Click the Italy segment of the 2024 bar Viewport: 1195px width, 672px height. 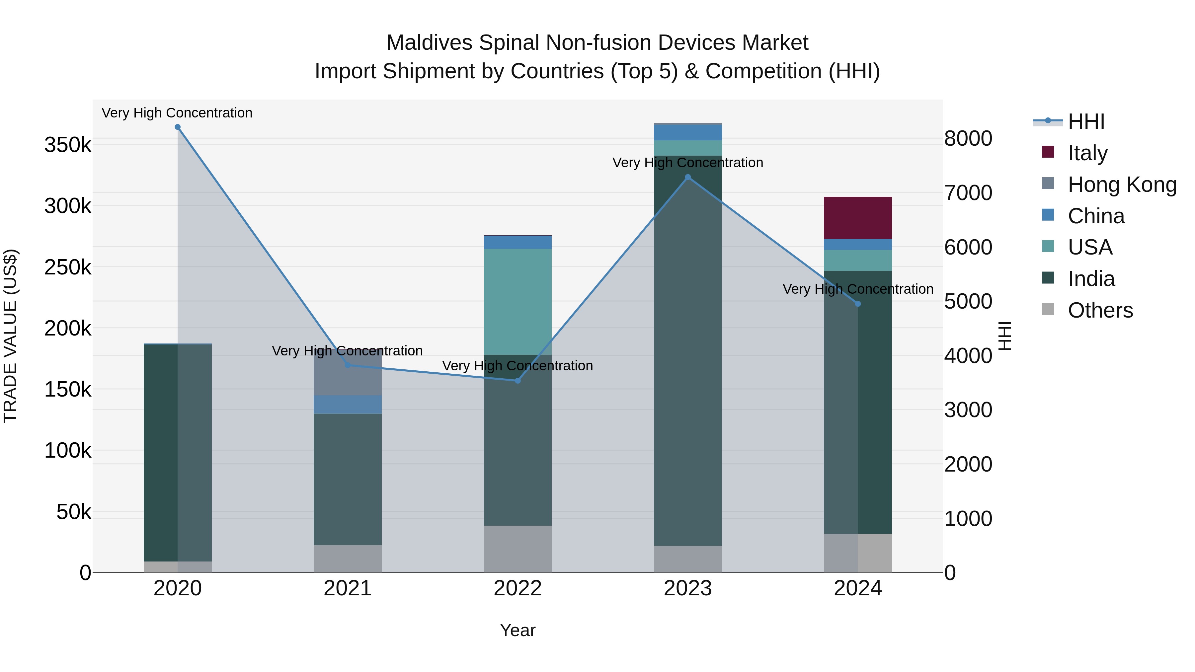tap(857, 218)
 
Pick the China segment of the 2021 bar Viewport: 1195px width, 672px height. tap(348, 405)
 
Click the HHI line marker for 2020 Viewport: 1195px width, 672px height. tap(178, 127)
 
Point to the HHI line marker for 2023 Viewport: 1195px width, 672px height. tap(688, 177)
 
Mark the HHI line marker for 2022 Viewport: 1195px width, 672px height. tap(518, 381)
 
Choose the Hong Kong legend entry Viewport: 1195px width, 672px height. tap(1121, 184)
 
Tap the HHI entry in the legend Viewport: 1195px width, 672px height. tap(1085, 121)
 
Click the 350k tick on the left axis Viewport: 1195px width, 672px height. tap(68, 145)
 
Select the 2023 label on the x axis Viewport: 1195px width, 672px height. tap(688, 588)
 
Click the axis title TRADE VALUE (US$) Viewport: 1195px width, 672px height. tap(10, 336)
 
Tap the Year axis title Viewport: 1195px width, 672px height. tap(518, 630)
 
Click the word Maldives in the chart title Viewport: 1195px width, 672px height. tap(429, 43)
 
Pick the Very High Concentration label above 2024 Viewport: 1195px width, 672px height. tap(858, 289)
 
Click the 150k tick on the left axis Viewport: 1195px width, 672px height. tap(68, 390)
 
